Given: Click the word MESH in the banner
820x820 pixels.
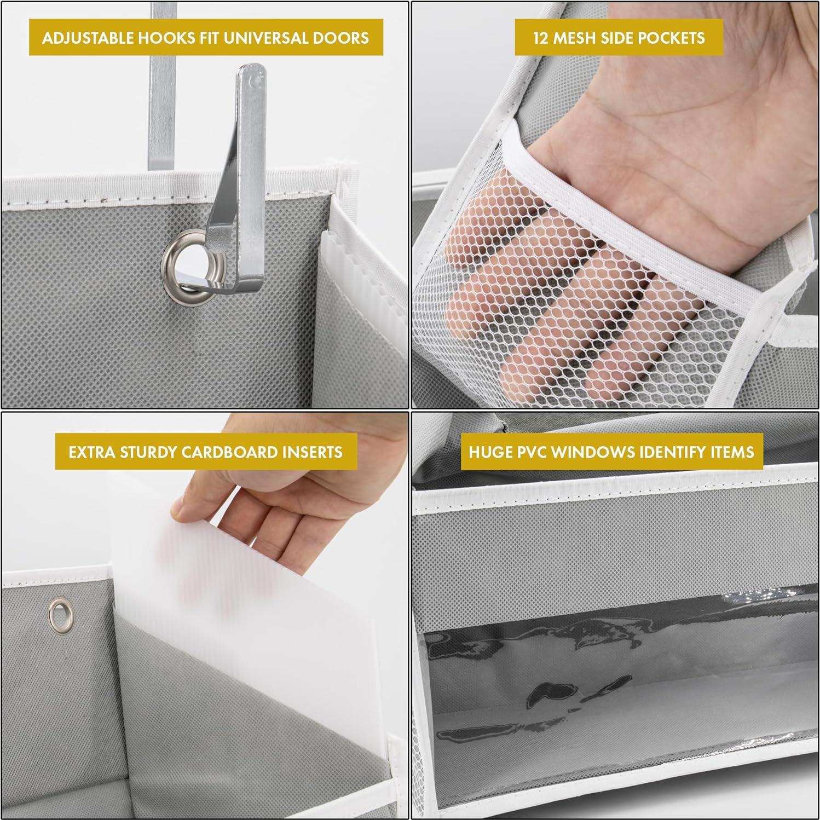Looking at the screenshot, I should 579,38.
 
